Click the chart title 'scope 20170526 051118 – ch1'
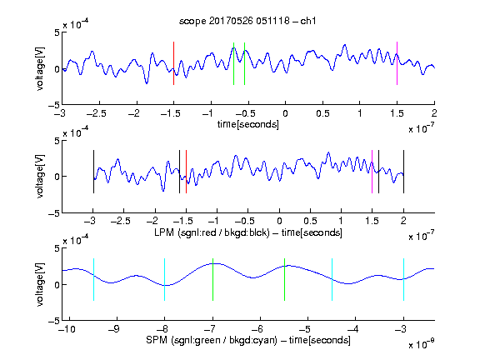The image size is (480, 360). (247, 21)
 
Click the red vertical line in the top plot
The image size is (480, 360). (173, 63)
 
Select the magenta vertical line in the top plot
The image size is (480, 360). (397, 63)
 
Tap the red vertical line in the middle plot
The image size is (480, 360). (186, 172)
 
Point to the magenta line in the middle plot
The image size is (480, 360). (372, 172)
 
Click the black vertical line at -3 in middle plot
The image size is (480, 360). (93, 172)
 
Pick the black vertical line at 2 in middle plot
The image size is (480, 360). (403, 172)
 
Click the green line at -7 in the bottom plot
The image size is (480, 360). (212, 279)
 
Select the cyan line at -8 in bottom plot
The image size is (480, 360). (165, 279)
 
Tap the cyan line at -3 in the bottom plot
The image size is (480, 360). (403, 279)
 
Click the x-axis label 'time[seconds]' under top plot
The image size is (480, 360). (248, 124)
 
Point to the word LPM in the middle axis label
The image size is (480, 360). (164, 232)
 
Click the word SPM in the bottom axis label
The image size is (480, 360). (157, 340)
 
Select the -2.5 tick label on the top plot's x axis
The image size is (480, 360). (97, 113)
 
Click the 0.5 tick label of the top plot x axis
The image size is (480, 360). (322, 113)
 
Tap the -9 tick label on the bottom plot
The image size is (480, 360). (113, 329)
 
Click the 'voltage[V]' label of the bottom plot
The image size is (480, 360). (40, 284)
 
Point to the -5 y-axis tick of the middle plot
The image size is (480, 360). (54, 213)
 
